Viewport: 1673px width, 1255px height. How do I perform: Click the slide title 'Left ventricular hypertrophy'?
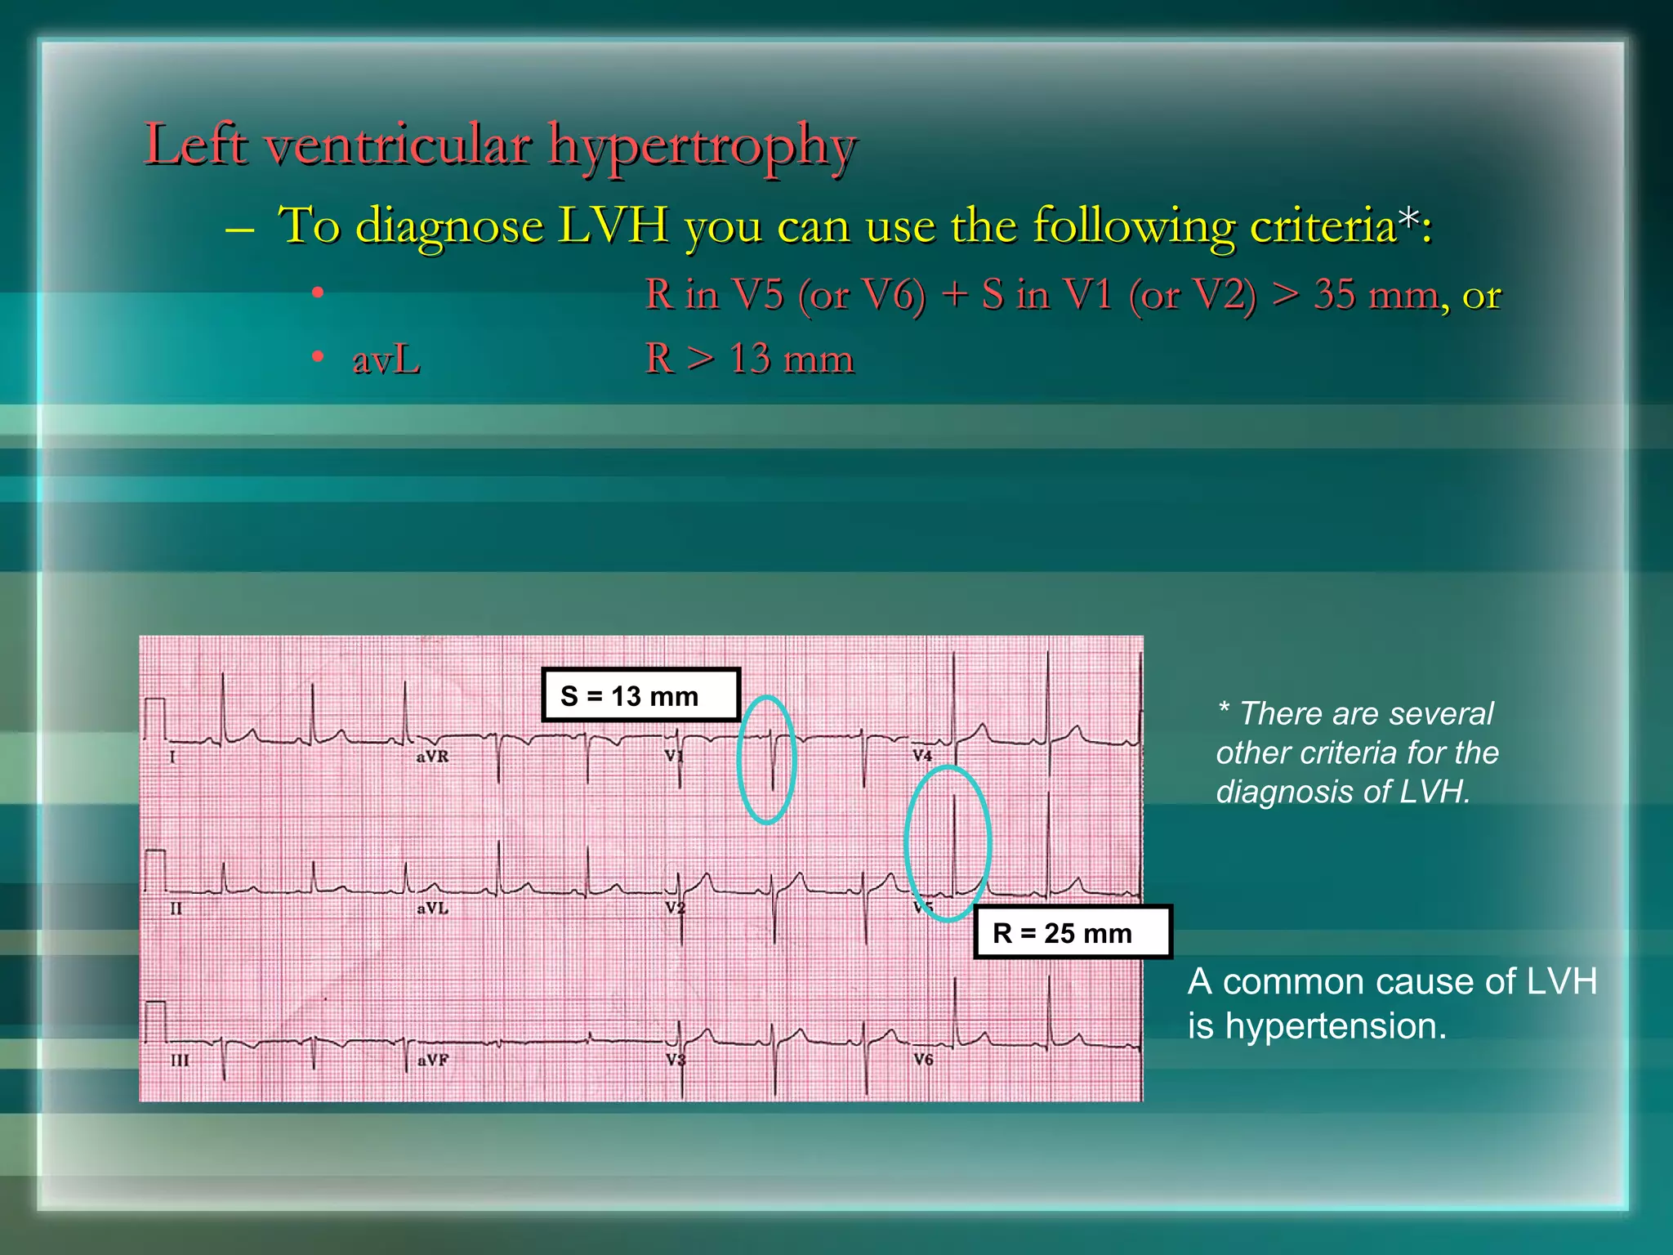pyautogui.click(x=500, y=145)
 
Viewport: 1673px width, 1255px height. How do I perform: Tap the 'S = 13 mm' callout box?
pyautogui.click(x=640, y=695)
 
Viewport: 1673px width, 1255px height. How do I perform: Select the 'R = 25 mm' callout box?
pyautogui.click(x=1073, y=932)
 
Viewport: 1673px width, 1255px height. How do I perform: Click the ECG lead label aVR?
pyautogui.click(x=432, y=757)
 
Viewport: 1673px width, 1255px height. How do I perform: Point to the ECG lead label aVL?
pyautogui.click(x=432, y=908)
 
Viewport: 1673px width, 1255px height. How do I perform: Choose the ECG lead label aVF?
pyautogui.click(x=432, y=1060)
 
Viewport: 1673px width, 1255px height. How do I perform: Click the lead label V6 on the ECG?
pyautogui.click(x=923, y=1060)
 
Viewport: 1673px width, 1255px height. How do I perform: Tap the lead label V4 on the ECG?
pyautogui.click(x=921, y=755)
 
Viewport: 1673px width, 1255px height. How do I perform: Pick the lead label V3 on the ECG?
pyautogui.click(x=675, y=1060)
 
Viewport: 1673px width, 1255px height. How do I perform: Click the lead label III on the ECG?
pyautogui.click(x=180, y=1061)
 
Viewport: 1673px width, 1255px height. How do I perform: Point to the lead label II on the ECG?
pyautogui.click(x=176, y=908)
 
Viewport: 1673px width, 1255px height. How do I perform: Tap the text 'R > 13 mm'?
pyautogui.click(x=749, y=359)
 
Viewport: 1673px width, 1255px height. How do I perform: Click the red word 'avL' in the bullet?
pyautogui.click(x=386, y=360)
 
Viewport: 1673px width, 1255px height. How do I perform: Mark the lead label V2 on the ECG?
pyautogui.click(x=675, y=908)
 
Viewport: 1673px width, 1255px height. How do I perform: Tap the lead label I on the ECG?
pyautogui.click(x=172, y=757)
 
